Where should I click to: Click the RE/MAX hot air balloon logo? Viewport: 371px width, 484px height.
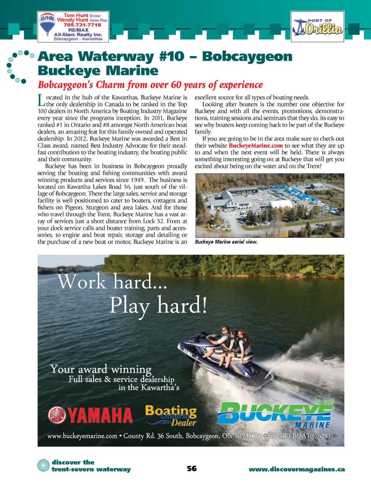[47, 24]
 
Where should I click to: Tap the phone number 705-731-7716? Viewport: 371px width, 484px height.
[82, 25]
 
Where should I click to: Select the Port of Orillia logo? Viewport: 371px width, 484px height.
[317, 27]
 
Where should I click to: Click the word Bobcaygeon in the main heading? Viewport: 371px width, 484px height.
[247, 56]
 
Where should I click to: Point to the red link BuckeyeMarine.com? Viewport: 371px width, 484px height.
[255, 145]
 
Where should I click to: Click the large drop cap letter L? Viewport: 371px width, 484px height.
[41, 101]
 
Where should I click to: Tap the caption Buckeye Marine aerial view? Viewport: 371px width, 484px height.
[226, 242]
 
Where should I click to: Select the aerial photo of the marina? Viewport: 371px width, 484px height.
[269, 205]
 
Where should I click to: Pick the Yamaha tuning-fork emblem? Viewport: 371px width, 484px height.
[57, 415]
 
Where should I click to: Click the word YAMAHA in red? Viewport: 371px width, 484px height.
[100, 416]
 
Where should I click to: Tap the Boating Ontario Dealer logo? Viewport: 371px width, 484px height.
[171, 415]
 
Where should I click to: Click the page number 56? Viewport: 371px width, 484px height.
[192, 469]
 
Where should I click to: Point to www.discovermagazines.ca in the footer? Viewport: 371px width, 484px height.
[296, 469]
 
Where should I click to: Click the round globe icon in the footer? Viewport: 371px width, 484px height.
[44, 465]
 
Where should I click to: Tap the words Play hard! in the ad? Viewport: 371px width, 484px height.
[158, 306]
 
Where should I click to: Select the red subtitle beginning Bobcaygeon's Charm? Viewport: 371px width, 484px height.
[150, 85]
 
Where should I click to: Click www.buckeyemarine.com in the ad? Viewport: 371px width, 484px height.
[82, 436]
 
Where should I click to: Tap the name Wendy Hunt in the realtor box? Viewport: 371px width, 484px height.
[73, 20]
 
